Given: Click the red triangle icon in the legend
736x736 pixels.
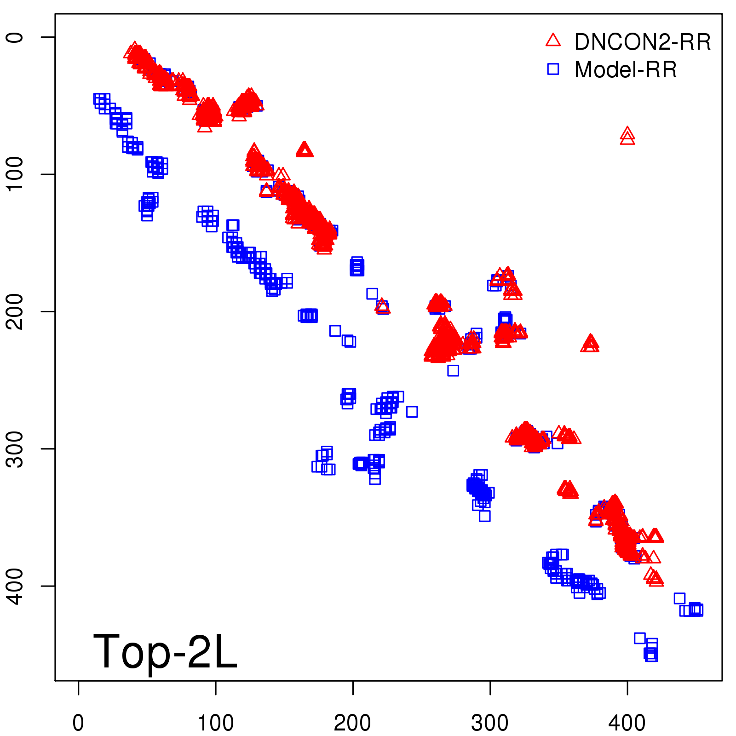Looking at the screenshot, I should coord(553,40).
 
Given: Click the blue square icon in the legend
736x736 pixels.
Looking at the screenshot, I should coord(553,69).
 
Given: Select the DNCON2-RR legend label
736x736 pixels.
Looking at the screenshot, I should coord(643,42).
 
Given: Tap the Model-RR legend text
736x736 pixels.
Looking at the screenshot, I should coord(626,70).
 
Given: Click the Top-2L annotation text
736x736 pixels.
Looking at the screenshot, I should coord(165,651).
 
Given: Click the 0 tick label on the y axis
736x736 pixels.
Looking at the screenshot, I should coord(15,37).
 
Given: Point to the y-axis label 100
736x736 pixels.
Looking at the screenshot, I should coord(15,174).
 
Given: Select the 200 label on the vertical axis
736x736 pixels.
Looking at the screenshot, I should coord(15,311).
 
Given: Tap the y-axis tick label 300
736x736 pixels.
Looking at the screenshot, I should coord(15,448).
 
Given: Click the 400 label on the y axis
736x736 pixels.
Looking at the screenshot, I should coord(15,586).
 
